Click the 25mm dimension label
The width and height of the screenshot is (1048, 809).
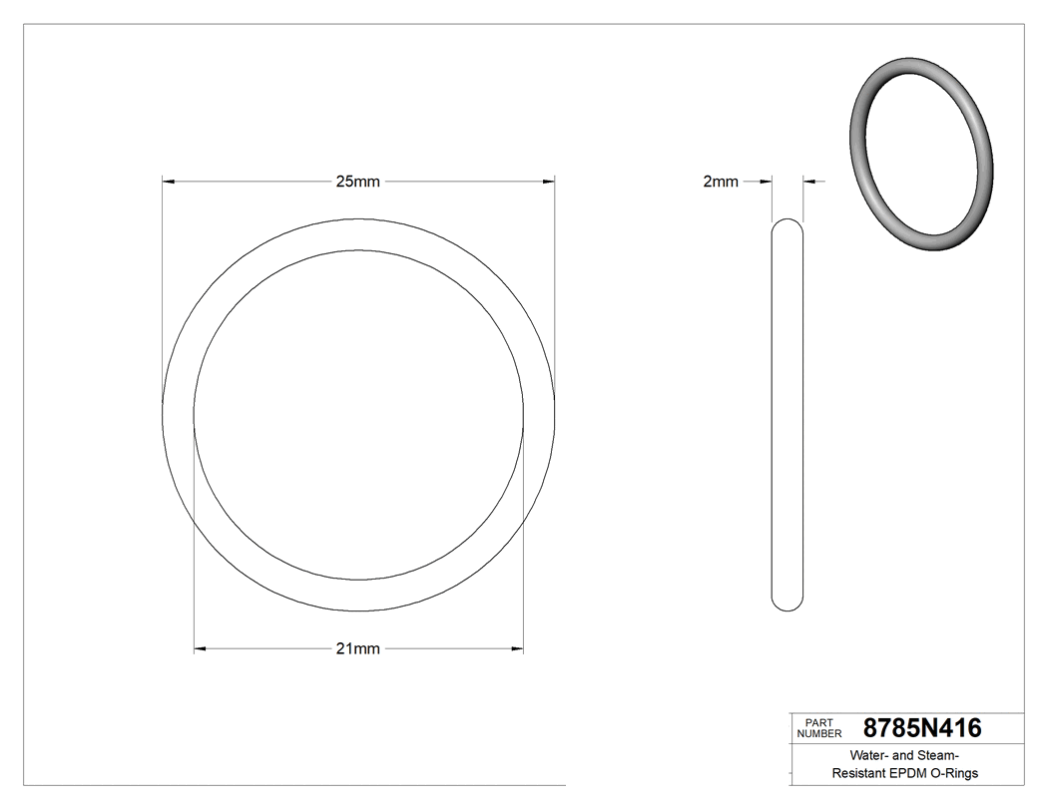(x=357, y=182)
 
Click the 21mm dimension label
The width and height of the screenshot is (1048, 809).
(x=357, y=648)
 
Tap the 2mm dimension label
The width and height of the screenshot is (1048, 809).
(x=721, y=182)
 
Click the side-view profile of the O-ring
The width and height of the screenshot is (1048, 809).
(x=787, y=414)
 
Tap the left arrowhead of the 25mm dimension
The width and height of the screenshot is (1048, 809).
(x=169, y=182)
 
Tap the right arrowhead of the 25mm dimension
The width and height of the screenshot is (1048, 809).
(x=548, y=182)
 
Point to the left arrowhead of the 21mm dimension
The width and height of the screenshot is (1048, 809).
(x=200, y=649)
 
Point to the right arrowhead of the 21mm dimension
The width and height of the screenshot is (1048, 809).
(x=517, y=649)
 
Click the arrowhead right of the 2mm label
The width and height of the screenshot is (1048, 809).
(x=766, y=182)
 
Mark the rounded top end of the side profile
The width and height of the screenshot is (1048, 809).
(x=787, y=224)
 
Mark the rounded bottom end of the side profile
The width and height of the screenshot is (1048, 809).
(x=787, y=604)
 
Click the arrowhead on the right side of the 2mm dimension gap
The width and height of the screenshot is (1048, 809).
(x=809, y=182)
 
